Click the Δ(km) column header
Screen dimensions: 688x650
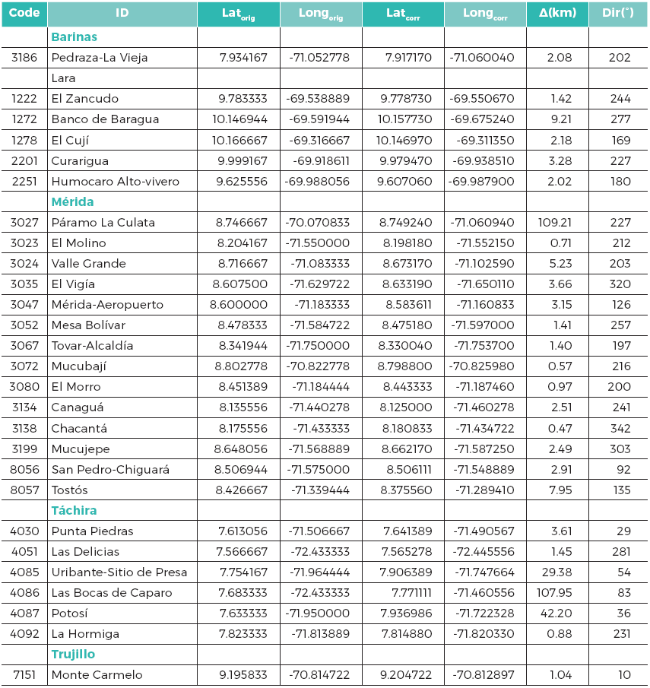[x=556, y=14]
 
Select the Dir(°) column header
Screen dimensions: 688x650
[x=617, y=14]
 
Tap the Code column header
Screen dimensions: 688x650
[x=24, y=14]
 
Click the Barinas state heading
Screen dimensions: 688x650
[x=74, y=36]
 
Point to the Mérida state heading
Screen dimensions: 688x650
[x=72, y=201]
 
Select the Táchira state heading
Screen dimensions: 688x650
[x=74, y=510]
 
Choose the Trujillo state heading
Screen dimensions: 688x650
[x=73, y=654]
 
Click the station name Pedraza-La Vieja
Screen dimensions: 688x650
[x=100, y=57]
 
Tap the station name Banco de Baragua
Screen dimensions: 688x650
[x=105, y=119]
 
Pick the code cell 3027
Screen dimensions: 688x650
[x=24, y=222]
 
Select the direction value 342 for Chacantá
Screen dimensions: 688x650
[x=620, y=428]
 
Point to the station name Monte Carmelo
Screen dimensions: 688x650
[x=97, y=674]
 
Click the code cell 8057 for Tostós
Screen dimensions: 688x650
[x=24, y=490]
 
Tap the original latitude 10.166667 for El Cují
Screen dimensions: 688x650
[x=239, y=139]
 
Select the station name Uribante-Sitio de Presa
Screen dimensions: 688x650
[x=119, y=572]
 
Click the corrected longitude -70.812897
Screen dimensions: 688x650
[x=484, y=674]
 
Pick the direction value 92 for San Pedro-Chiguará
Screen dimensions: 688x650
[x=623, y=469]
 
